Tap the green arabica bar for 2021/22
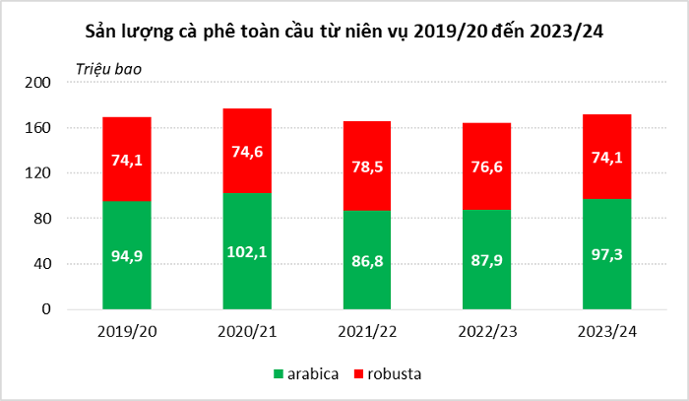[x=366, y=286]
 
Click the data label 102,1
[x=247, y=252]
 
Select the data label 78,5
[x=366, y=167]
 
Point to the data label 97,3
[x=606, y=255]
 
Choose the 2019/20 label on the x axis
[x=126, y=331]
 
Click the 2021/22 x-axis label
[x=366, y=331]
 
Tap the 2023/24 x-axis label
[x=606, y=331]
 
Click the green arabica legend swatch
[x=278, y=374]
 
